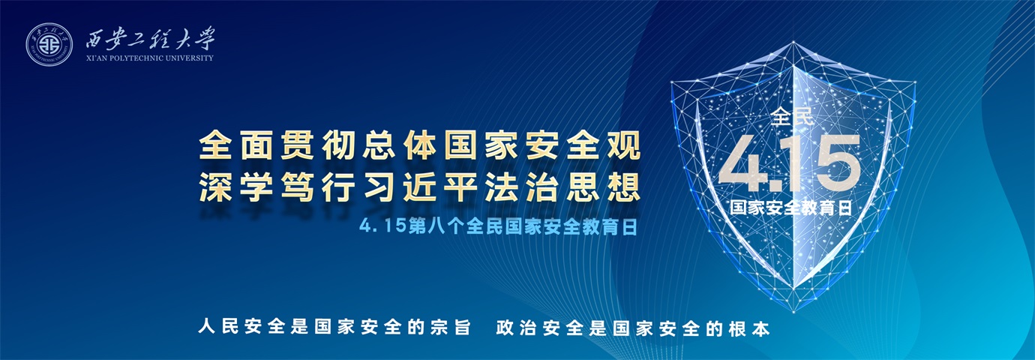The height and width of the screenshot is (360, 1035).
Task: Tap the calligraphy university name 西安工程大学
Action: pyautogui.click(x=150, y=38)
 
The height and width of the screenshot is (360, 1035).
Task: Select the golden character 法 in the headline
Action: pyautogui.click(x=501, y=187)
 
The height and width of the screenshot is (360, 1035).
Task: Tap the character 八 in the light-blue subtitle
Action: pyautogui.click(x=436, y=227)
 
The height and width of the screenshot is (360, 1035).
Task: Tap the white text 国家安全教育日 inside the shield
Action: pyautogui.click(x=791, y=208)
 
